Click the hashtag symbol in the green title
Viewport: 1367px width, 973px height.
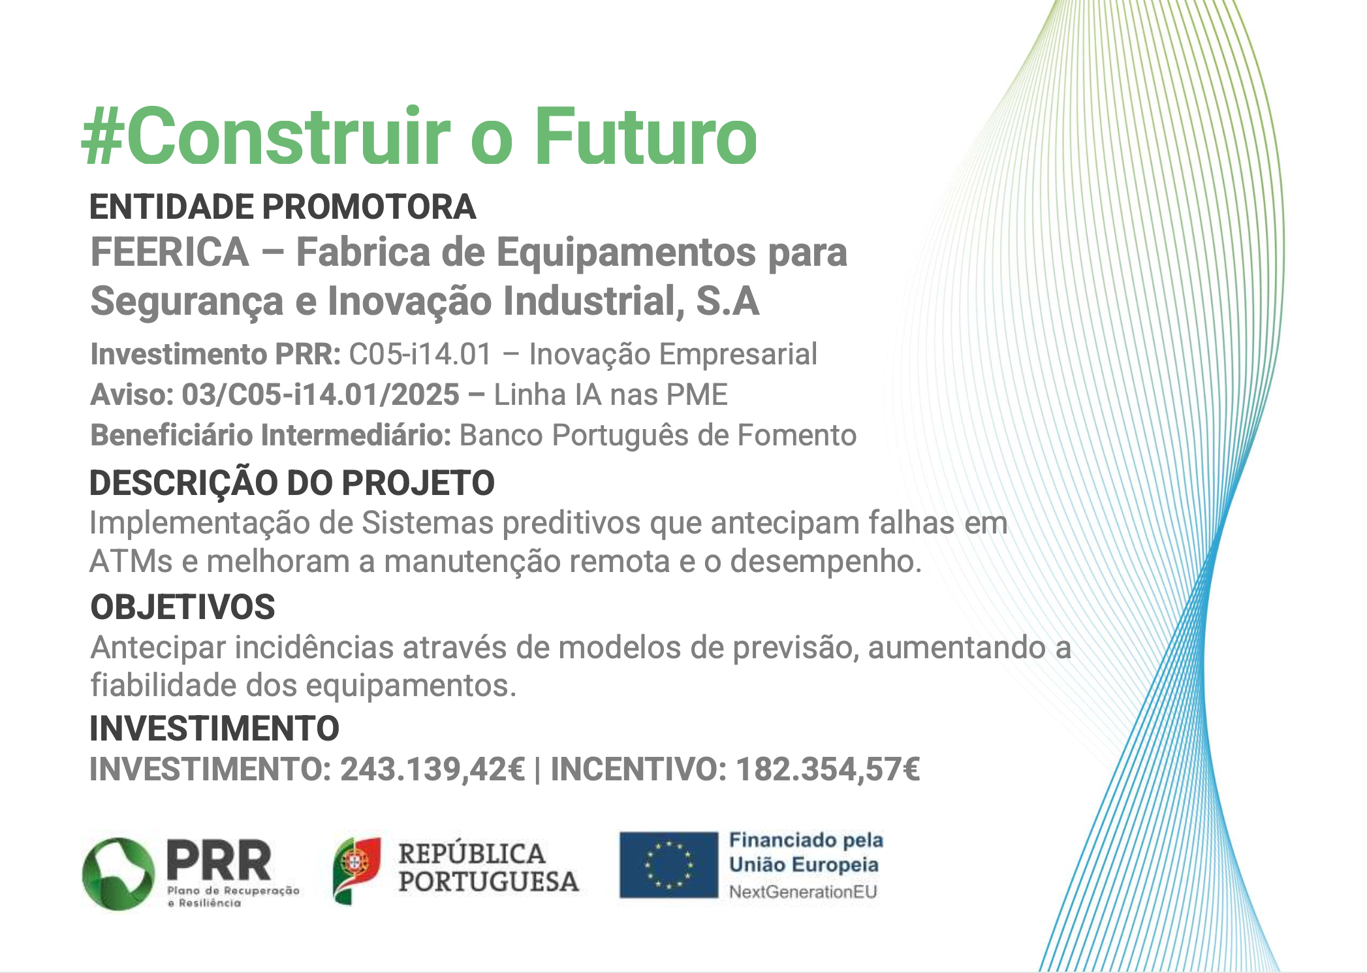pos(102,138)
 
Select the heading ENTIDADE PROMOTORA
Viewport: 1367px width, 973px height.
pos(283,207)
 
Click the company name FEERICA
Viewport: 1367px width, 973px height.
pos(170,252)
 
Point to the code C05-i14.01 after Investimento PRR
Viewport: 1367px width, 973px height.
pos(420,355)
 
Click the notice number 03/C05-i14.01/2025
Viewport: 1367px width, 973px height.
pos(321,395)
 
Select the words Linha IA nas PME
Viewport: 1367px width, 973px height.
pos(610,395)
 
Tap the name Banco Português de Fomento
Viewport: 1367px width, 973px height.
pos(658,436)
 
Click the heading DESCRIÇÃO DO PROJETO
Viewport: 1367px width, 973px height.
pos(292,483)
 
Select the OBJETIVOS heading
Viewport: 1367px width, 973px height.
pos(183,607)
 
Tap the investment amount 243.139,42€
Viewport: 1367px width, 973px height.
pos(432,769)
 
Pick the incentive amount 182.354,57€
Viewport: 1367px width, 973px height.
pos(828,769)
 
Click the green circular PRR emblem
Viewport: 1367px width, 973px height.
pos(119,874)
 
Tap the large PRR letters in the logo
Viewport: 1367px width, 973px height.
pos(219,860)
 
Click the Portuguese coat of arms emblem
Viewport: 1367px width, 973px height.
pos(356,870)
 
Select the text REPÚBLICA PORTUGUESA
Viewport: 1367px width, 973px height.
pos(488,868)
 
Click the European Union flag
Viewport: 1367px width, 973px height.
pos(668,865)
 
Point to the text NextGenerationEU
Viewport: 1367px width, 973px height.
pos(803,892)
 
